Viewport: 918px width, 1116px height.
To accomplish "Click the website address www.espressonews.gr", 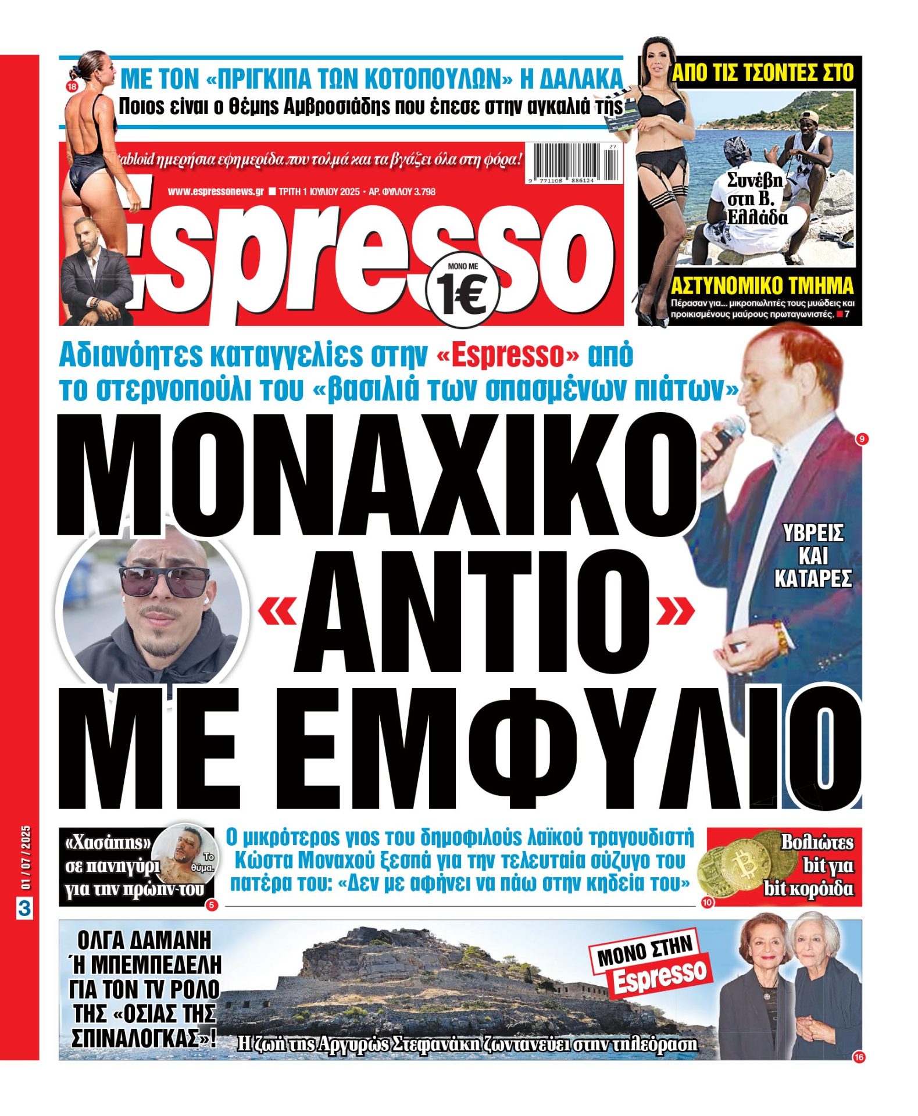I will tap(216, 191).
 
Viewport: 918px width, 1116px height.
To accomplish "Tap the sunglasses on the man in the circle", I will tap(164, 580).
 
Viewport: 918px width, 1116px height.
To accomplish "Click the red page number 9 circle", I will tap(862, 439).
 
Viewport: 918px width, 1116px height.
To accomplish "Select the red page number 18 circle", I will tap(72, 88).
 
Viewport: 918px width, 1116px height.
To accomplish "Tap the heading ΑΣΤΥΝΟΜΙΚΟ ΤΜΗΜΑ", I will tap(762, 286).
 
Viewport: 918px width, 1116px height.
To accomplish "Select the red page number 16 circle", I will tap(859, 1057).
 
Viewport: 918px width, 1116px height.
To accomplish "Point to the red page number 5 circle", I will tap(211, 904).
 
